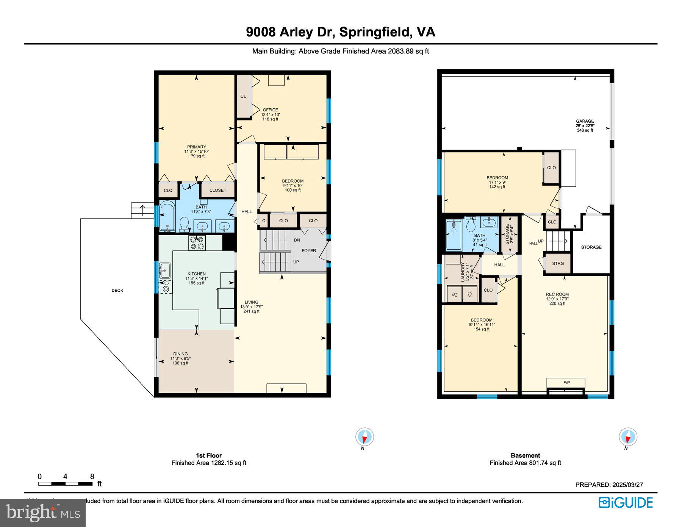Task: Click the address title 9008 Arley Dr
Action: coord(340,32)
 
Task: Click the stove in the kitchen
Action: coord(197,242)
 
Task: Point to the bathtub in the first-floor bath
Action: coord(167,217)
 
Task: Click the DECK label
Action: coord(117,291)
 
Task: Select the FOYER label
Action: coord(308,250)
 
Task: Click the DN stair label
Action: coord(297,240)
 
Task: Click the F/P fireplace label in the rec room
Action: coord(566,383)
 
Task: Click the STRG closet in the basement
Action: coord(558,263)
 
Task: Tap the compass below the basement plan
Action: coord(628,437)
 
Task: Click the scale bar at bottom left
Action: coord(65,484)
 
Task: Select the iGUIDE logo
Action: coord(626,503)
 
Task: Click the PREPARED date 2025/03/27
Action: coord(609,485)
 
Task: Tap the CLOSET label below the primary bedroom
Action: coord(217,190)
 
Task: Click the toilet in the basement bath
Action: coord(471,226)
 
